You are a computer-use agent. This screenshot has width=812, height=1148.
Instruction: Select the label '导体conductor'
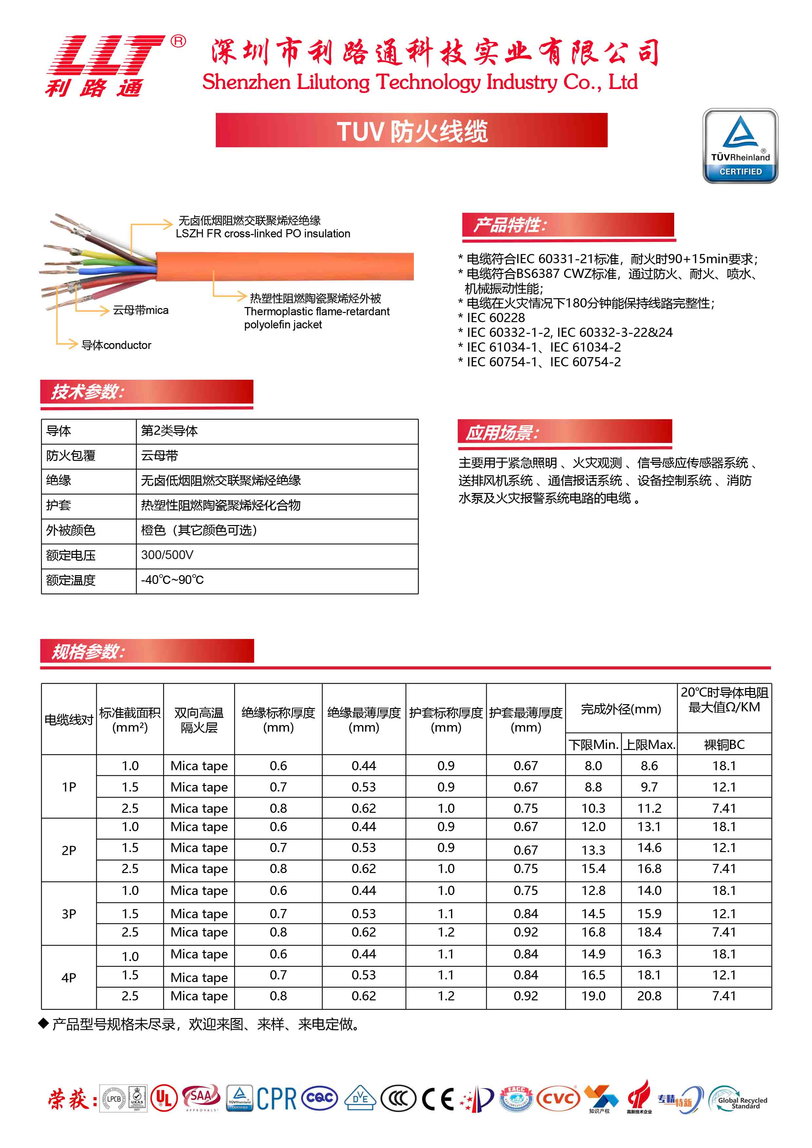[116, 345]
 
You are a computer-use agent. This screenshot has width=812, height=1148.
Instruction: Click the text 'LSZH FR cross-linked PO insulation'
[263, 233]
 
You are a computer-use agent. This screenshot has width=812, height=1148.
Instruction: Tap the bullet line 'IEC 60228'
[495, 318]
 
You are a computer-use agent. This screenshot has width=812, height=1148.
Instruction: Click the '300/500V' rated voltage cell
[167, 555]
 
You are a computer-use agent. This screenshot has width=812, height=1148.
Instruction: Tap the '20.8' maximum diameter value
[649, 996]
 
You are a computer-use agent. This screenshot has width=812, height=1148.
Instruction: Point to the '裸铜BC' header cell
[724, 744]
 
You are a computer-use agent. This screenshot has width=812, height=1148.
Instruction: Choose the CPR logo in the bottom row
[276, 1099]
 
